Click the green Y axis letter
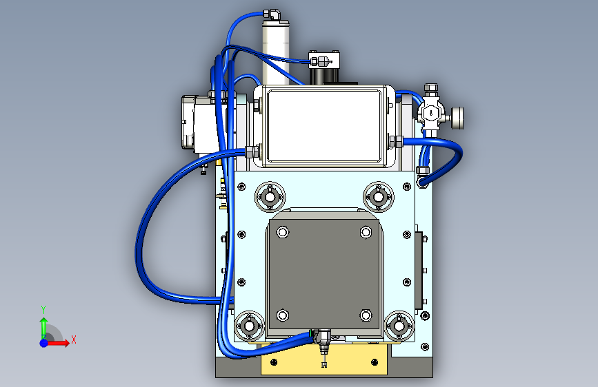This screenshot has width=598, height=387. [43, 309]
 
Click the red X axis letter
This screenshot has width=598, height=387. [74, 339]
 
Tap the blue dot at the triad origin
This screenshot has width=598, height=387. [44, 343]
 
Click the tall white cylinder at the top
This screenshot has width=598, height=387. [275, 52]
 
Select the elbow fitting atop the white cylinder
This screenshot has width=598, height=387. [272, 14]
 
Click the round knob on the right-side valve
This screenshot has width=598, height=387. [458, 118]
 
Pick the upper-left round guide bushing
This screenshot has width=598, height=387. [270, 197]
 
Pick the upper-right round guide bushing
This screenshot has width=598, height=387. [379, 197]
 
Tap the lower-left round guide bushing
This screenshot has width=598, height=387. [249, 326]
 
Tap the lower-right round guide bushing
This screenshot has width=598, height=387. [399, 326]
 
